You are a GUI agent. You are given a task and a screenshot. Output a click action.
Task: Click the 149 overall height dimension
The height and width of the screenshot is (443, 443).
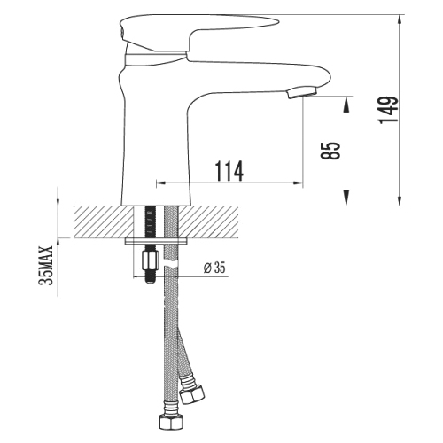387,110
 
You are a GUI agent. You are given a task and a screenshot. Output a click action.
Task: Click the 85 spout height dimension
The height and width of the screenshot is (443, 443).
330,151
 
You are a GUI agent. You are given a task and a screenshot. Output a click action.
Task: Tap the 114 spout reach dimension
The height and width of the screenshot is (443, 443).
229,171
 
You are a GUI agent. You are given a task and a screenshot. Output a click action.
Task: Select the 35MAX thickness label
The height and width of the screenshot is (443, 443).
46,265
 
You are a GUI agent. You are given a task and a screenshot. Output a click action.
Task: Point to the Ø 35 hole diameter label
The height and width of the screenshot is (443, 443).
214,268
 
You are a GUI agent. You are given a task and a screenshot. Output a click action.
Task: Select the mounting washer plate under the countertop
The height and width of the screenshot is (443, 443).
156,241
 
